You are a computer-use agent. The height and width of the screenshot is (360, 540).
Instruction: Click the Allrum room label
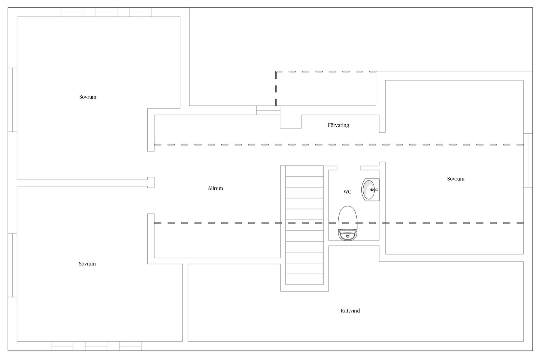pos(215,188)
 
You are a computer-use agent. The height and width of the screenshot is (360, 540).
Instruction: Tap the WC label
pos(347,192)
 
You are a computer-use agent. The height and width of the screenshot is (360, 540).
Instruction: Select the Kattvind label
pos(350,311)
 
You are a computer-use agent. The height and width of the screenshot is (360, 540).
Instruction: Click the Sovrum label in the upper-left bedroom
pos(88,97)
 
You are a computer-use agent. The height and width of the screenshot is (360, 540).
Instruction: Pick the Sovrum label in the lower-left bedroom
pos(87,264)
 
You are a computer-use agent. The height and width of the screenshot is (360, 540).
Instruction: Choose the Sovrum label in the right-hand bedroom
pos(456,179)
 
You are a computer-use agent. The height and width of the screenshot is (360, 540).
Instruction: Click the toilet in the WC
pos(348,223)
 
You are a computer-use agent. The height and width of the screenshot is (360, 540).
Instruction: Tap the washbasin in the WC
pos(370,190)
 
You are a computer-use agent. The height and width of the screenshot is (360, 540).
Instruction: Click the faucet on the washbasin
pos(374,190)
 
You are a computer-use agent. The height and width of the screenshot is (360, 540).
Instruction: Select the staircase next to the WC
pos(305,225)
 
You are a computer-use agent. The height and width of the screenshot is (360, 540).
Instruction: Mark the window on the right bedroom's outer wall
pos(528,160)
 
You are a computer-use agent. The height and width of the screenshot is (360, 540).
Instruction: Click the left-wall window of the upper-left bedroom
pos(12,100)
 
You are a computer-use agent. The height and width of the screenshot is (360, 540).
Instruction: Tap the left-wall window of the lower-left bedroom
pos(12,265)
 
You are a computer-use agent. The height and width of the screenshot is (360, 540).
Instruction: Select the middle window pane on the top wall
pos(106,12)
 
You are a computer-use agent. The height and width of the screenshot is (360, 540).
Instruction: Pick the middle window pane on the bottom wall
pos(96,346)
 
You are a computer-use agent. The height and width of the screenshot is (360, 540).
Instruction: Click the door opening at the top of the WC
pos(349,168)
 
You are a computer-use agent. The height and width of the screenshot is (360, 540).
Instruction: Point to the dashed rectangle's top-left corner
pos(276,71)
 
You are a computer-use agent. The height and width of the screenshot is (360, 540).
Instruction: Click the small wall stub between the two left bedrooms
pos(151,183)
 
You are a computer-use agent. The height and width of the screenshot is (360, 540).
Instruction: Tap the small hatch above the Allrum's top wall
pos(268,110)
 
